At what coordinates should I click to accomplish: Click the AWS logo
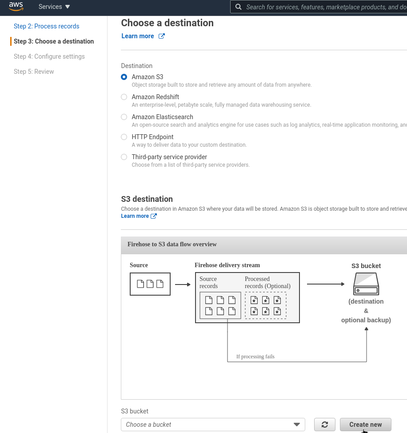(x=16, y=7)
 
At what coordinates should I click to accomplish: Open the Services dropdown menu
(x=54, y=7)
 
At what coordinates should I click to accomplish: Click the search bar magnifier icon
(x=239, y=7)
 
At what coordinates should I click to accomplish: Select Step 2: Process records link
(x=46, y=26)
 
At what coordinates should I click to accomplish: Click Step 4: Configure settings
(x=49, y=56)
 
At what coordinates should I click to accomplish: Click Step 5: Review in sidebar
(x=34, y=72)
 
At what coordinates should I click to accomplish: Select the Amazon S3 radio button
(x=124, y=77)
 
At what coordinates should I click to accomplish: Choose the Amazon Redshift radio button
(x=124, y=97)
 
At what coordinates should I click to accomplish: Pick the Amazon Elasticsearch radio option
(x=124, y=117)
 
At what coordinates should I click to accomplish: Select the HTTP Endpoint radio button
(x=124, y=137)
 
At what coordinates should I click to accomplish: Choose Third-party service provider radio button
(x=124, y=157)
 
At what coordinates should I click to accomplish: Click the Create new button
(x=365, y=425)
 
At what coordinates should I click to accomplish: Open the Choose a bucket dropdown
(x=213, y=425)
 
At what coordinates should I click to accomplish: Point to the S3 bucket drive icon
(x=366, y=284)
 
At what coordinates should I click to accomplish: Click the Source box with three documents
(x=150, y=284)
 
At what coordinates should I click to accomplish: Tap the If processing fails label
(x=255, y=357)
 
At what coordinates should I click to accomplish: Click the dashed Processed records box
(x=266, y=305)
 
